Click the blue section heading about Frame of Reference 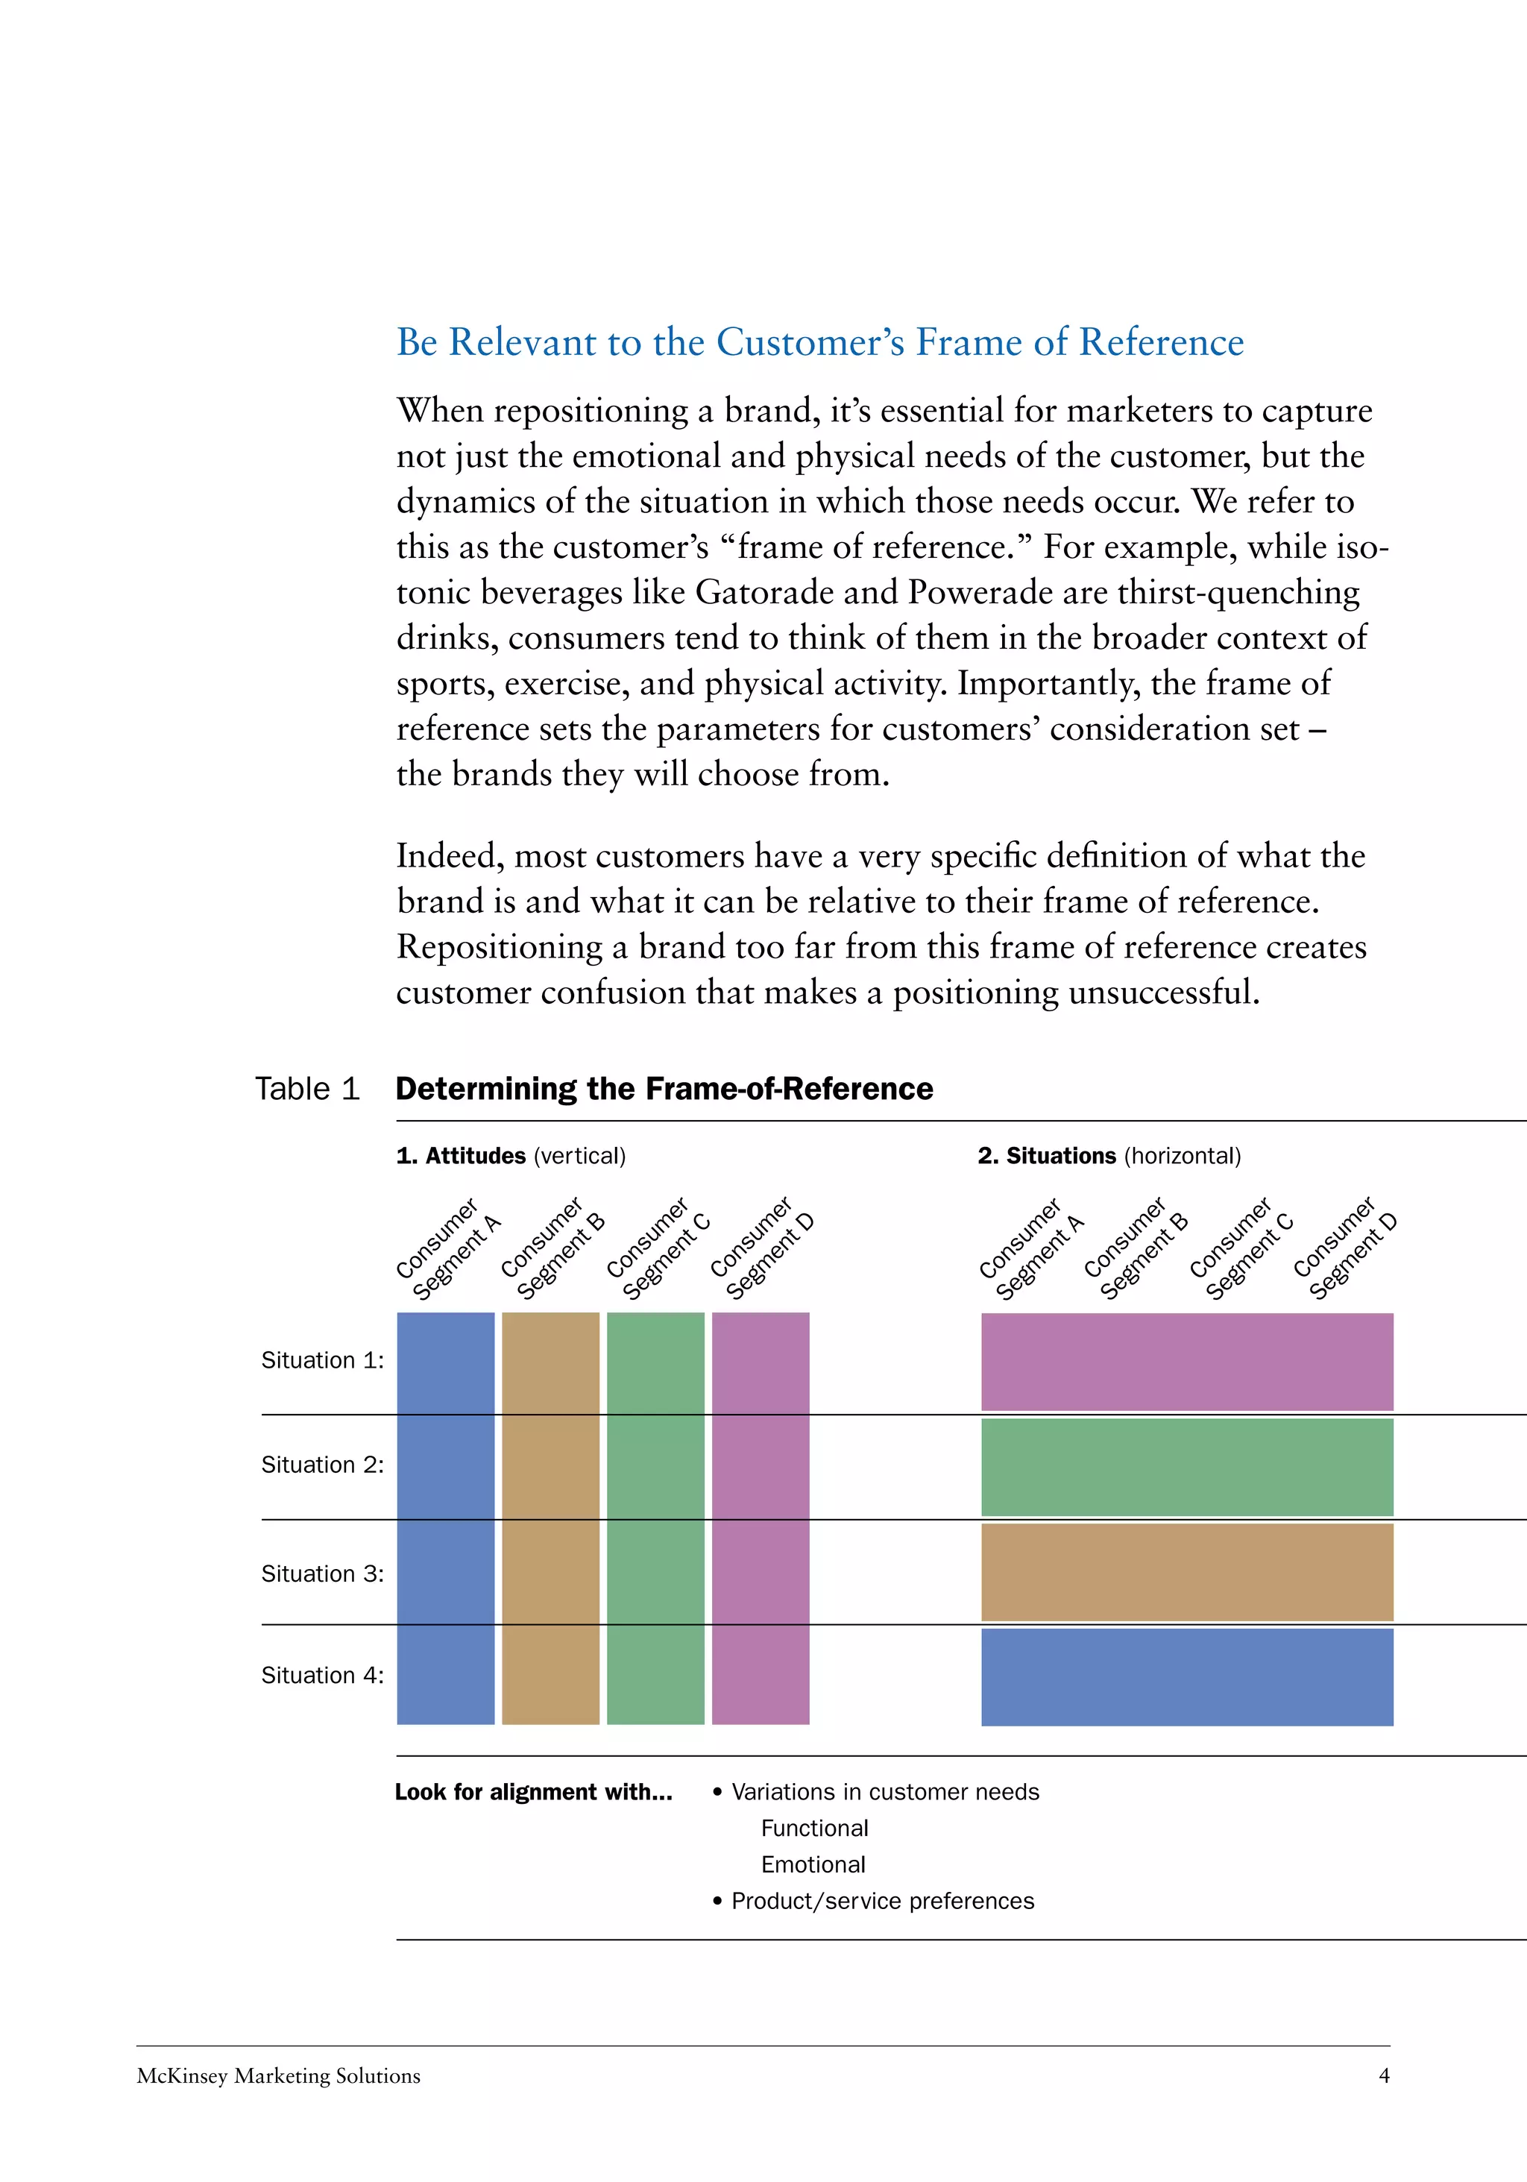819,342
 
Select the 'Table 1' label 307,1089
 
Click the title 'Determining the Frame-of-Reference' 664,1089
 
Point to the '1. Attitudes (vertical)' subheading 510,1156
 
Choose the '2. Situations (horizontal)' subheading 1108,1156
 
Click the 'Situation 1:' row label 322,1361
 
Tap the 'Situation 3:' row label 322,1573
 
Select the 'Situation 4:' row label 322,1676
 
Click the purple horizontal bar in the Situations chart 1187,1362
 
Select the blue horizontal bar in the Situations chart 1187,1677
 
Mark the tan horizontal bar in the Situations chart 1187,1572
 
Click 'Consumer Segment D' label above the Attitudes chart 763,1250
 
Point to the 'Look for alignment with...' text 533,1793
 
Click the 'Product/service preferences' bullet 882,1902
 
